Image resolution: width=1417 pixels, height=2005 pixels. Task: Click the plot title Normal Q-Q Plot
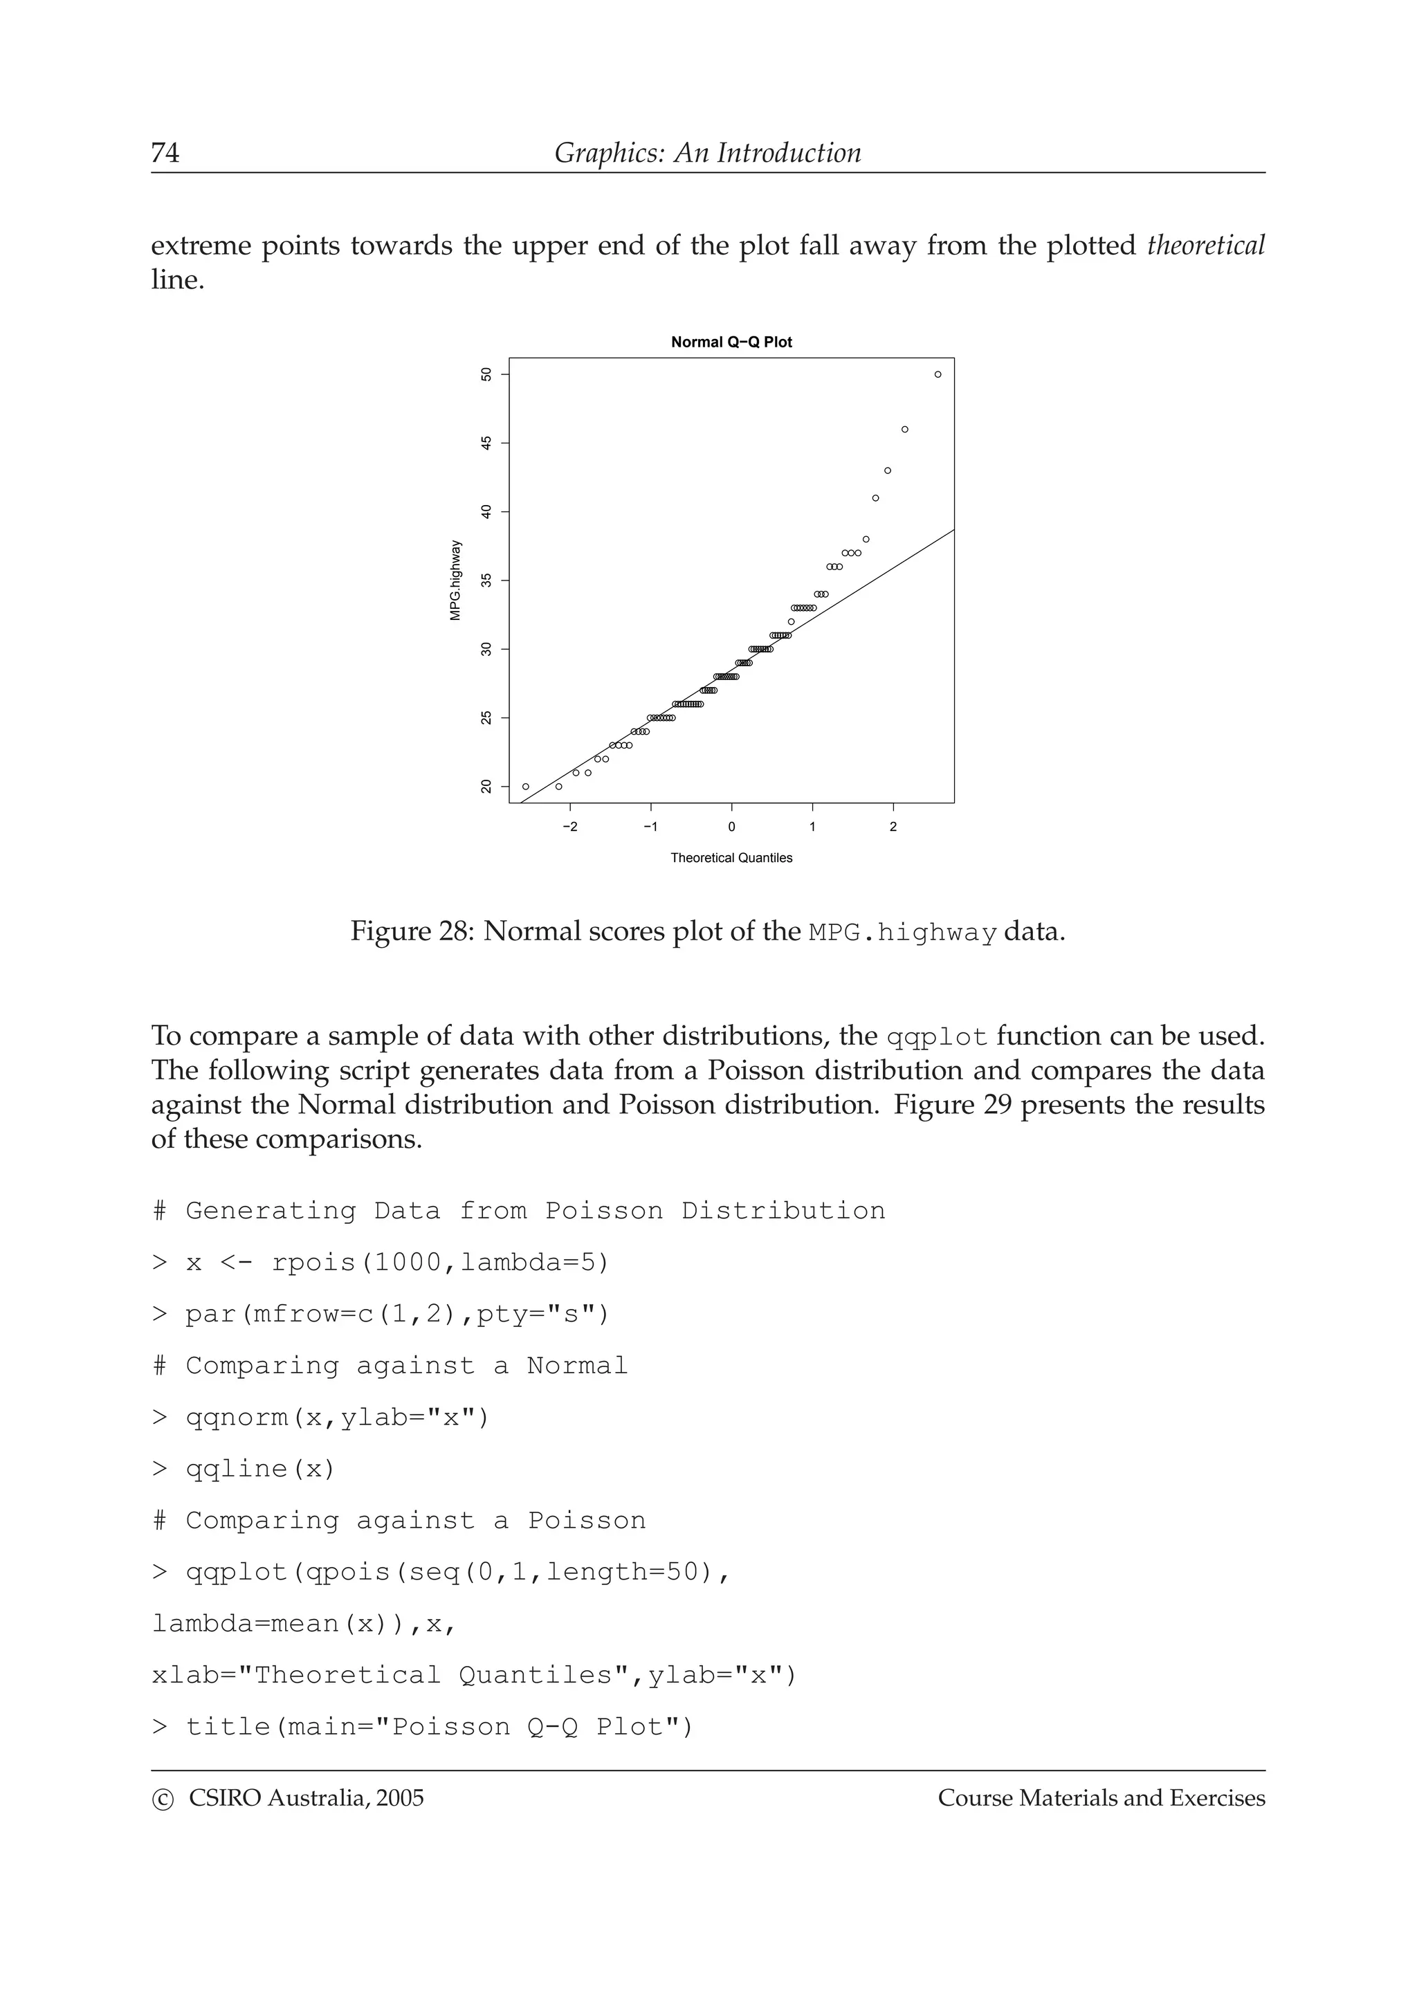731,342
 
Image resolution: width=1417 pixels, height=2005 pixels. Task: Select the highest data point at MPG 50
938,374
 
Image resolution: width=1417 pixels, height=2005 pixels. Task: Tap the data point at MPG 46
904,430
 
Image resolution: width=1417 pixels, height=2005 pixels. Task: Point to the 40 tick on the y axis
486,512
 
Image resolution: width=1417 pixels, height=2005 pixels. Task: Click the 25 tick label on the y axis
486,718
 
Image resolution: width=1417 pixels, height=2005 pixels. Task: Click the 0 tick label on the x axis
731,827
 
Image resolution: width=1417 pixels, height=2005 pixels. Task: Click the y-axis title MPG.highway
455,580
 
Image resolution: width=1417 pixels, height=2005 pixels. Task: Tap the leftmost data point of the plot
526,787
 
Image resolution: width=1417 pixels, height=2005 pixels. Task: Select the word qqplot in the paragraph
936,1036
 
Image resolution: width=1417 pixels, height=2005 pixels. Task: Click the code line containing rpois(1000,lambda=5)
381,1263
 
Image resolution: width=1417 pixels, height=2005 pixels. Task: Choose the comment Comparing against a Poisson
399,1520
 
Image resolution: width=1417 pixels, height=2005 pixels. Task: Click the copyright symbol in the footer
163,1799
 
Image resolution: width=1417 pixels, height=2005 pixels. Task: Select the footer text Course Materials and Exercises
1101,1798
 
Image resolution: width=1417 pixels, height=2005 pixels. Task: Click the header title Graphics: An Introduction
707,153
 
